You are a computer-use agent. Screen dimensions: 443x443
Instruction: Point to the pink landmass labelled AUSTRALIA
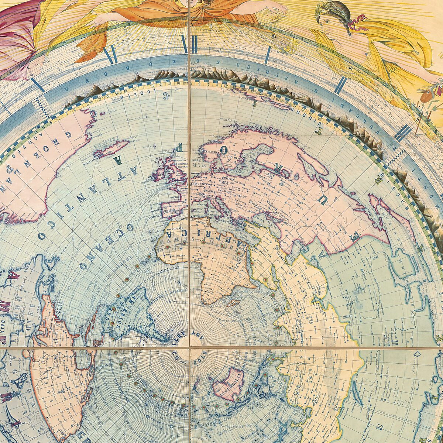click(x=228, y=384)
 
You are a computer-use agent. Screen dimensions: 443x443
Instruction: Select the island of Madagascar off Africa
click(x=233, y=302)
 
